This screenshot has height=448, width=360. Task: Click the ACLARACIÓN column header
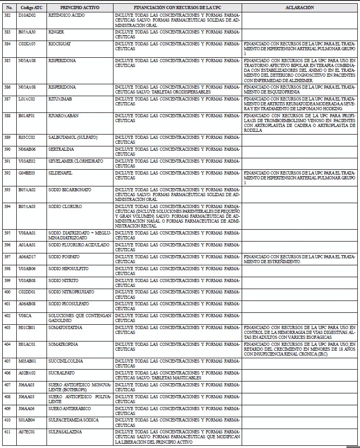[x=299, y=8]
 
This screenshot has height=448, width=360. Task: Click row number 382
[x=7, y=15]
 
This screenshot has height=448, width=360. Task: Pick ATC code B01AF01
[x=26, y=115]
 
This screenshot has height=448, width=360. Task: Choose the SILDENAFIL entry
[x=60, y=173]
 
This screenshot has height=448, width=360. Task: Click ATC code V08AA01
[x=27, y=233]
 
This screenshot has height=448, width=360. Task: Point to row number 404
[x=7, y=344]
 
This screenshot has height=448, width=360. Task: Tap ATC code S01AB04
[x=26, y=420]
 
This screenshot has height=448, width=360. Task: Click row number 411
[x=7, y=432]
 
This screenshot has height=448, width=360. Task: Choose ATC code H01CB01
[x=26, y=327]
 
